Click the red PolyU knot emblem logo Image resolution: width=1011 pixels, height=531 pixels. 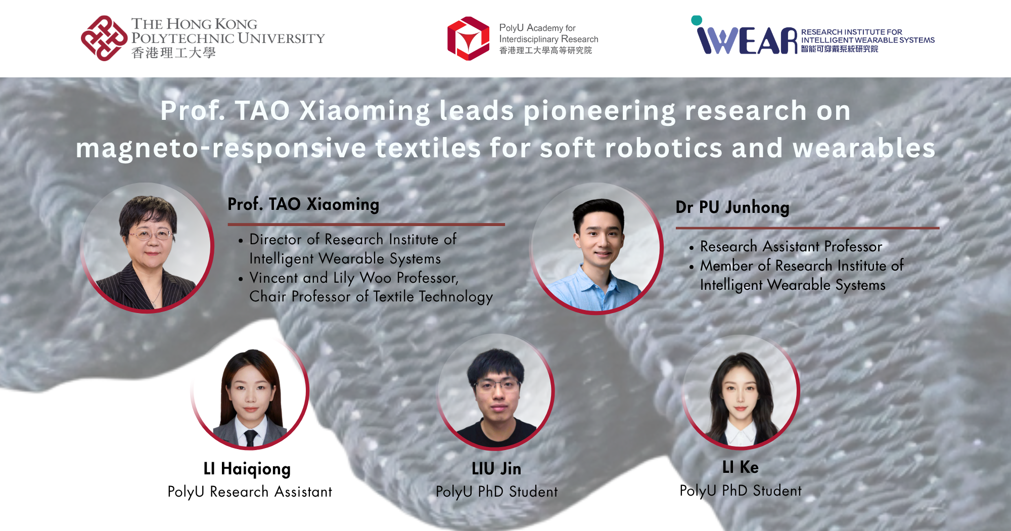(x=104, y=38)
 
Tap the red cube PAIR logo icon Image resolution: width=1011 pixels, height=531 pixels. (x=468, y=38)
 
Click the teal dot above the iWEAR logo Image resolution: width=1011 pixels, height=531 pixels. (x=697, y=20)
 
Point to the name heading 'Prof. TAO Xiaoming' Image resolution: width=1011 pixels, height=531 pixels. (x=303, y=204)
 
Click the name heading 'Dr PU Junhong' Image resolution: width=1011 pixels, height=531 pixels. (x=732, y=207)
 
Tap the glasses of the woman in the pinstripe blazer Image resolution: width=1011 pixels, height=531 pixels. (x=150, y=234)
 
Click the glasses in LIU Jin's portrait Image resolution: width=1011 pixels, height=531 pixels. (x=497, y=386)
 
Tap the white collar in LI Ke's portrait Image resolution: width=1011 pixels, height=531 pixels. (x=741, y=433)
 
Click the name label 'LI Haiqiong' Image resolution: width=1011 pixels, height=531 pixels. (x=247, y=469)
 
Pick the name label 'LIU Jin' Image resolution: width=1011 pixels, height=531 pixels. (x=496, y=469)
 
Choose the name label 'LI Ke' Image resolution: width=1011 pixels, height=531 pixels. (x=741, y=467)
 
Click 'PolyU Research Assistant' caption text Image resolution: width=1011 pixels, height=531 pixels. (x=250, y=492)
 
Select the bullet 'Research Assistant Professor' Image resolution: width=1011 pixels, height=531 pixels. (x=791, y=247)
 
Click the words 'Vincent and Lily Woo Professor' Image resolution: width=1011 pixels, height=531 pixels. (x=353, y=278)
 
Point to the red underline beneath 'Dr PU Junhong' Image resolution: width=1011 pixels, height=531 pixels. (x=807, y=228)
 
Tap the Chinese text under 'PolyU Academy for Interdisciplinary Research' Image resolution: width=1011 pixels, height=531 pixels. (x=545, y=51)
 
